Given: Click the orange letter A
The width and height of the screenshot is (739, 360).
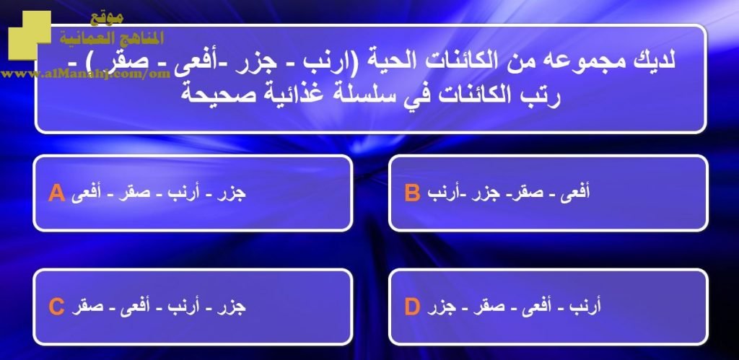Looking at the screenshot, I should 56,193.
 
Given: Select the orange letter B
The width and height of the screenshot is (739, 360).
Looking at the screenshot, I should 412,193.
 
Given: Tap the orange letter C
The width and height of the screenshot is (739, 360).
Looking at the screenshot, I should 56,307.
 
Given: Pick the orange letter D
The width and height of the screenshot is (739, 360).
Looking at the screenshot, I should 412,307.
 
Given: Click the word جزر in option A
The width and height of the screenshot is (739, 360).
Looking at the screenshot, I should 231,194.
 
